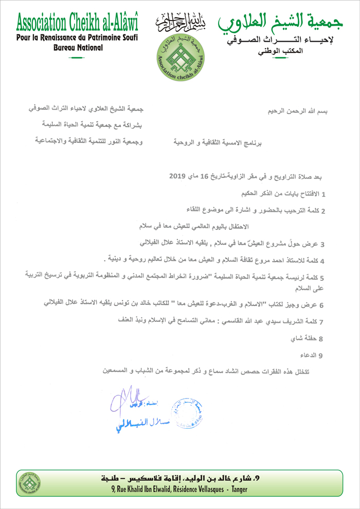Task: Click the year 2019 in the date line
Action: tap(179, 176)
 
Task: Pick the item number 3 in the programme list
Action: tap(322, 243)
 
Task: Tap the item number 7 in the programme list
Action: tap(321, 322)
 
